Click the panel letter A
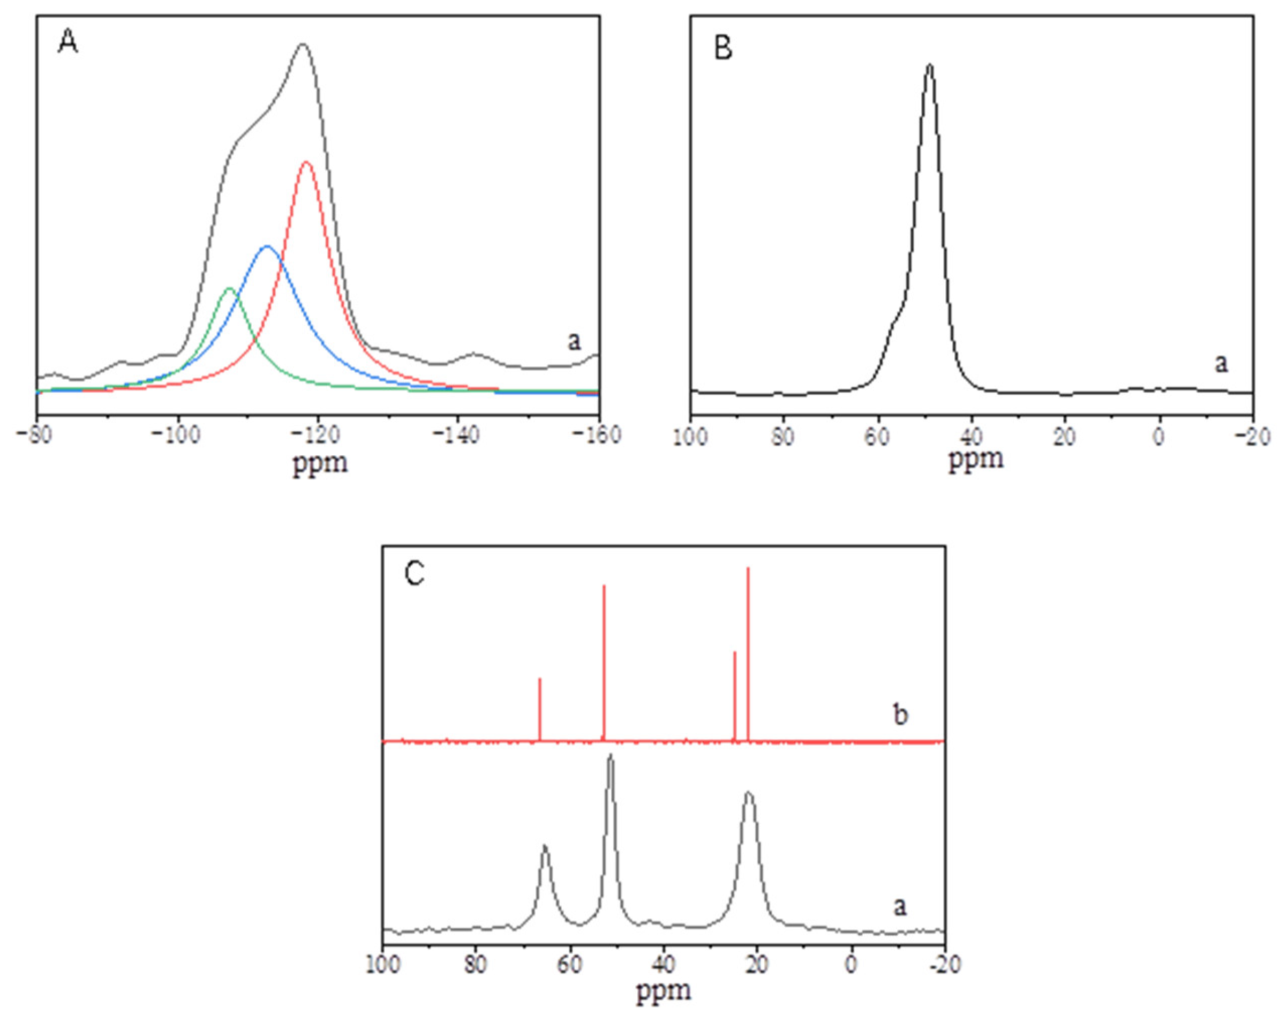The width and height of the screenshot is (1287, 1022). [x=68, y=43]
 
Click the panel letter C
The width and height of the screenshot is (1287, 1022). [x=415, y=574]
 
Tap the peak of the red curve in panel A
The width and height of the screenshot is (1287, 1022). [x=306, y=162]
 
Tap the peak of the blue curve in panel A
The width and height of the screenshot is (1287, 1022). [x=267, y=246]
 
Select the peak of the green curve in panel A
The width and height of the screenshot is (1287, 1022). [x=229, y=289]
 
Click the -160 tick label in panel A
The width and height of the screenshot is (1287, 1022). [x=599, y=434]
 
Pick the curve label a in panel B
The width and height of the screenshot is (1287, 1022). [x=1222, y=363]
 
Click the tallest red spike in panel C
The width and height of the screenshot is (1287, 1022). [x=748, y=568]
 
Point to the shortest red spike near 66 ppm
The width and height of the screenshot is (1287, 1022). [x=540, y=679]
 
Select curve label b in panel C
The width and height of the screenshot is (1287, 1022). [x=900, y=715]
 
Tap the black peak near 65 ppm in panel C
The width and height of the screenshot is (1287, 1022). [x=544, y=846]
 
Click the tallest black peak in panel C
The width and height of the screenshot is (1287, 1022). [x=610, y=756]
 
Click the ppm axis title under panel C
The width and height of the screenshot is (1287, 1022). [x=663, y=990]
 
